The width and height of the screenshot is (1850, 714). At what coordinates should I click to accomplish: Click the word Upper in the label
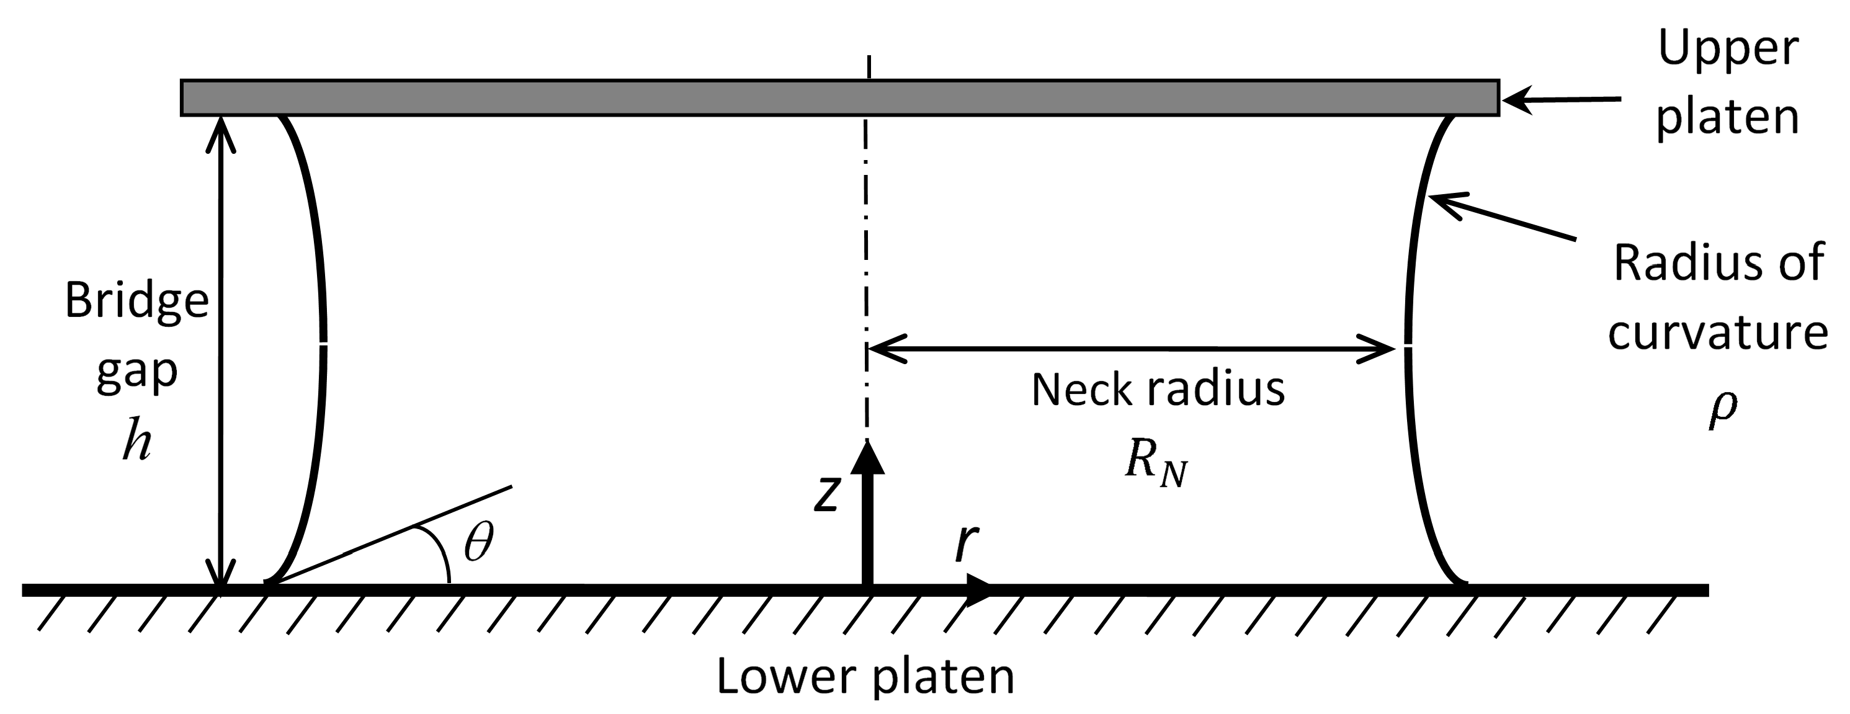[1727, 49]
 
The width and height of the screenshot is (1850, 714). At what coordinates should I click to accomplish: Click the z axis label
[826, 494]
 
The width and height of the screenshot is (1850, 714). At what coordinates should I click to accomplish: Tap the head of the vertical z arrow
[867, 458]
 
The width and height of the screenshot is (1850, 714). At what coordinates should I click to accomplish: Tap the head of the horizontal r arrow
[979, 591]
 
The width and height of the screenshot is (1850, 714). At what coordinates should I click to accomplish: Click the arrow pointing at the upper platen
[1558, 100]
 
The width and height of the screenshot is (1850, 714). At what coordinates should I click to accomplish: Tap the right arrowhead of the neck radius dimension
[1379, 349]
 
